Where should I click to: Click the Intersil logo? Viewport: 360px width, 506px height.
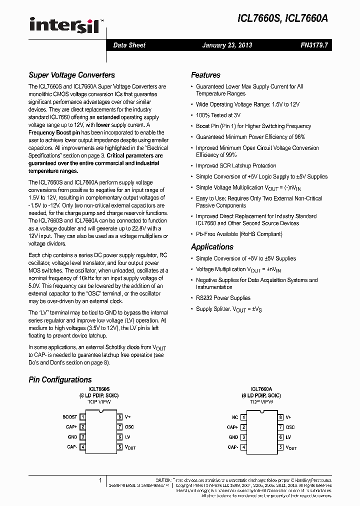[66, 25]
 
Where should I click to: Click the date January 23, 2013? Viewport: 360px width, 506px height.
[227, 45]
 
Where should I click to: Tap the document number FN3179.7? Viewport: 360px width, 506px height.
[313, 45]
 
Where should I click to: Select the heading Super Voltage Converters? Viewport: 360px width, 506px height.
[71, 75]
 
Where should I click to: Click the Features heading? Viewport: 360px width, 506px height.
[205, 75]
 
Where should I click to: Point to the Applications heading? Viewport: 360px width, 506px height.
[212, 247]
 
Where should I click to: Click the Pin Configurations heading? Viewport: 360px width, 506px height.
[60, 380]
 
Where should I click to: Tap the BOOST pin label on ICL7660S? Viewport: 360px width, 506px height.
[70, 417]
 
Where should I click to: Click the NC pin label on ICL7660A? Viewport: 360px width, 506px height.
[234, 417]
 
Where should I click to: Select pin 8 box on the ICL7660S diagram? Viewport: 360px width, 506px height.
[119, 417]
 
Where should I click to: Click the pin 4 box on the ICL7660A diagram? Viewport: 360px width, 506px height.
[243, 447]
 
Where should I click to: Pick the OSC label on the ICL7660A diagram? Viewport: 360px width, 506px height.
[290, 427]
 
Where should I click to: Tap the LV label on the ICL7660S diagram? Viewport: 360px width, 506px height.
[127, 437]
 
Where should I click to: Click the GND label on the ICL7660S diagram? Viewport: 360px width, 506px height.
[72, 437]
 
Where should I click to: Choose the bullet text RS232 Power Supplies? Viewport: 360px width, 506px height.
[223, 298]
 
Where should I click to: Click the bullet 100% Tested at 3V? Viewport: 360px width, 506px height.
[218, 115]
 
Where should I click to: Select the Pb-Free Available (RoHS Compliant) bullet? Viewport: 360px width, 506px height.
[239, 233]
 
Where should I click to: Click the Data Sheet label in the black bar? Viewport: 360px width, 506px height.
[129, 45]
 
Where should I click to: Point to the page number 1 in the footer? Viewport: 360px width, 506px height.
[100, 480]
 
